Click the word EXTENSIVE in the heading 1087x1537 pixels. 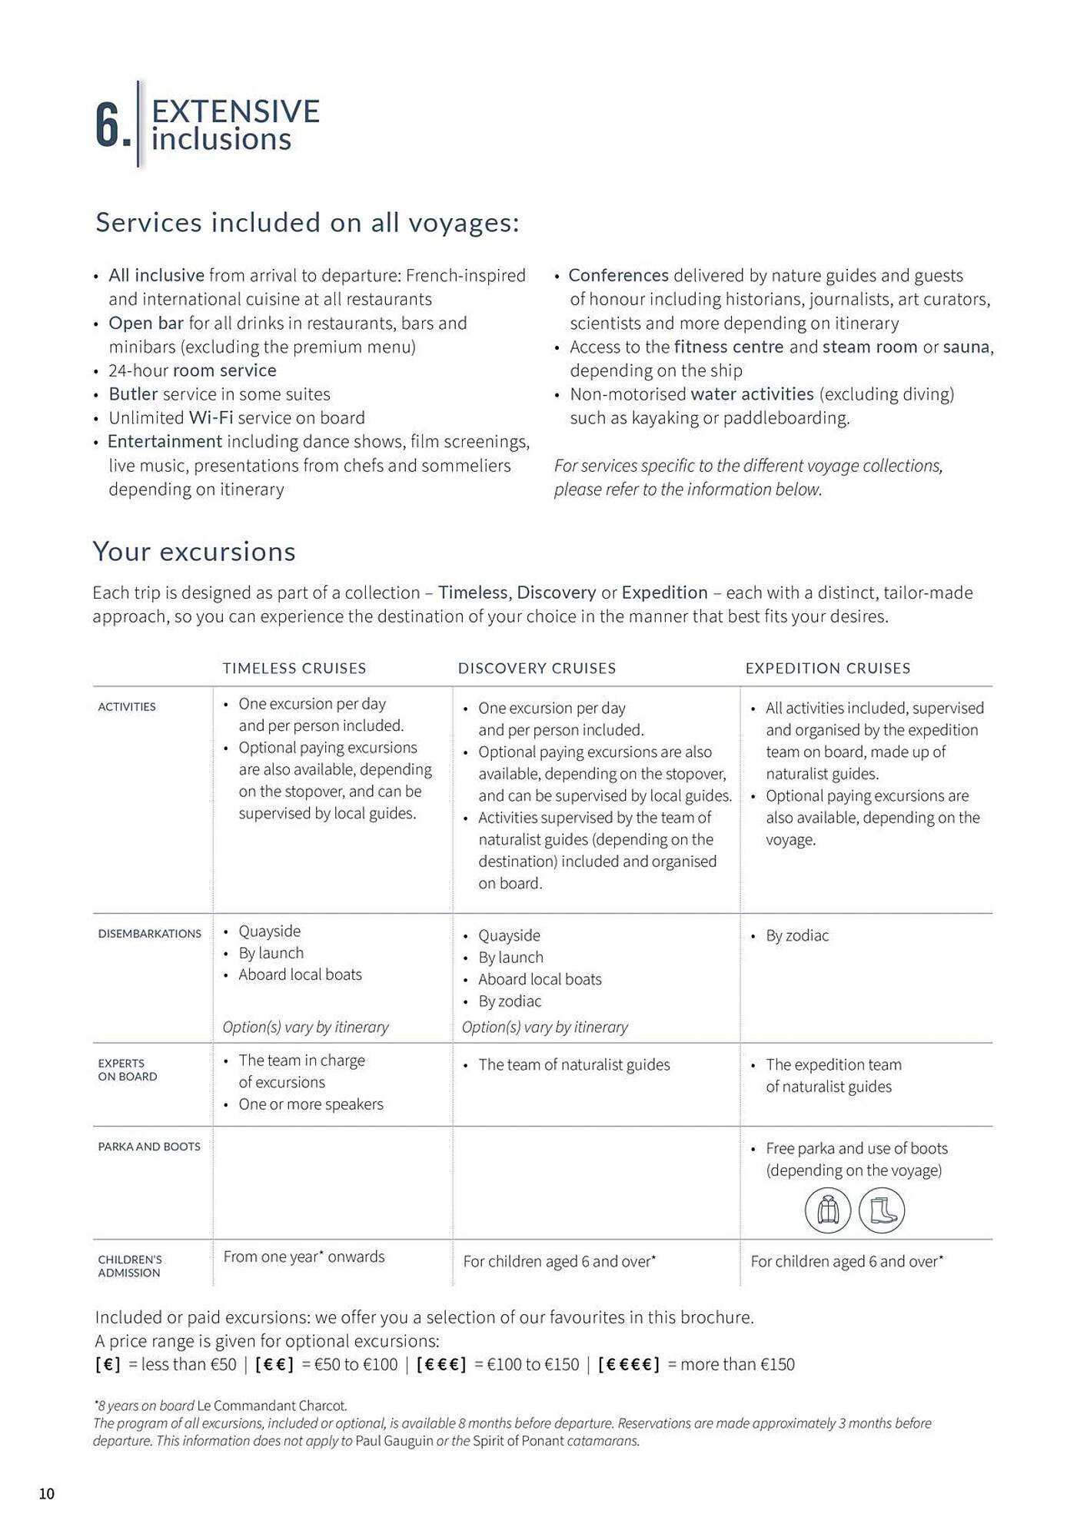(x=235, y=111)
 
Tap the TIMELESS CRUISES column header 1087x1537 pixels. (x=294, y=668)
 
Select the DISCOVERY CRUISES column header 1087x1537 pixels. (x=537, y=668)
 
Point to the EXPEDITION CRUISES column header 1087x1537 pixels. (x=827, y=668)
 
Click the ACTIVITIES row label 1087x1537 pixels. (x=127, y=706)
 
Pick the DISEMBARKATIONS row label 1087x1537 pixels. (x=149, y=933)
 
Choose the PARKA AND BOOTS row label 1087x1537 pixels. (x=148, y=1146)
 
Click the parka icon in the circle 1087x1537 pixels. (x=827, y=1210)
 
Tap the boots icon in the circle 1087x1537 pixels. (x=882, y=1210)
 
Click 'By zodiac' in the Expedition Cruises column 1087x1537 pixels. (x=797, y=935)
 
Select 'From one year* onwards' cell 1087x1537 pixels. (x=304, y=1256)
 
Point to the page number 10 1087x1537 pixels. (x=47, y=1493)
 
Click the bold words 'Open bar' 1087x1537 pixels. (x=146, y=323)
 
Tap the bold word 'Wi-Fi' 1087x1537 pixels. (x=211, y=417)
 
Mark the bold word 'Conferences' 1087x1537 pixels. (x=618, y=275)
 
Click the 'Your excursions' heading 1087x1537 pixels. (x=194, y=551)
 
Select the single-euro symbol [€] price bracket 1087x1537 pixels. (x=108, y=1364)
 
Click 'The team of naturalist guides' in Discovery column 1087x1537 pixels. (x=573, y=1064)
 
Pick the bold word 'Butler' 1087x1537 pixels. (x=133, y=393)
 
